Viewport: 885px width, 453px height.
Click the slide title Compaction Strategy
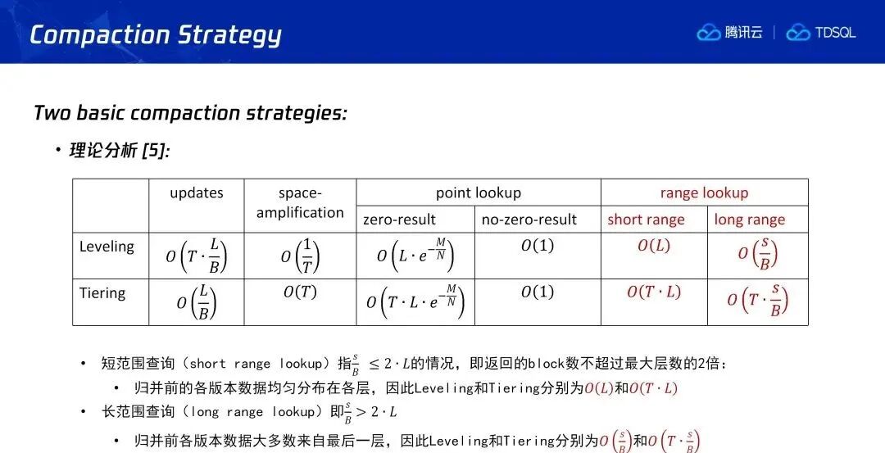pos(155,35)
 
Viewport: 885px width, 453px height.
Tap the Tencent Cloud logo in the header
pos(729,32)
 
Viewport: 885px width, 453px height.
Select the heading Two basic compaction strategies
pos(190,113)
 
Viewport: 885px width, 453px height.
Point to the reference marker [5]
pos(156,151)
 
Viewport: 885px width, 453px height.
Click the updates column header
pos(197,193)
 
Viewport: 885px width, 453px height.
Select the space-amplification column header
pos(300,203)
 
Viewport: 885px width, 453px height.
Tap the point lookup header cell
pos(478,193)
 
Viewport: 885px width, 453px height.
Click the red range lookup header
pos(704,193)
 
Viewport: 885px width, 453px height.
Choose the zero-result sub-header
pos(399,220)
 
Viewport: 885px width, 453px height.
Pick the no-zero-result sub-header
pos(529,220)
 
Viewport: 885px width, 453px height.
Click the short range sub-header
pos(646,220)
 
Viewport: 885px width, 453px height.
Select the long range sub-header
pos(750,220)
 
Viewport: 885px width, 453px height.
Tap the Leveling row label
pos(107,247)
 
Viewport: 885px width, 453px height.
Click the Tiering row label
pos(102,293)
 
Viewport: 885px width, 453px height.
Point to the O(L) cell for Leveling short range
pos(654,246)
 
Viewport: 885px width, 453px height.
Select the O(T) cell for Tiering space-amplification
pos(300,292)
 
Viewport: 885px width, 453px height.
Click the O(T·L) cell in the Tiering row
pos(654,292)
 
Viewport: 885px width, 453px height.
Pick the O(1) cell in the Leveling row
pos(538,246)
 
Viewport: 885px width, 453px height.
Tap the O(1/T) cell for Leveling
pos(300,256)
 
